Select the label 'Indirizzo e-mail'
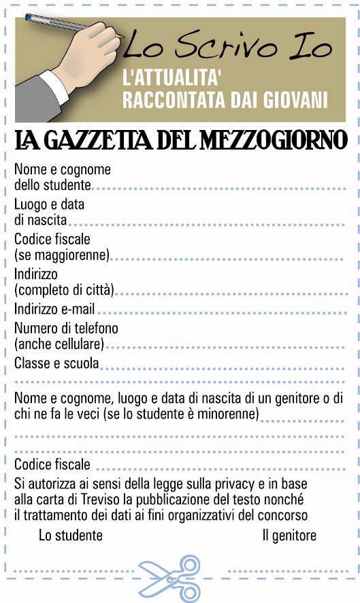(54, 309)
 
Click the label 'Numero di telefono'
(65, 329)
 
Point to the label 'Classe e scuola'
(56, 363)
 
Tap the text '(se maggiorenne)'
(61, 255)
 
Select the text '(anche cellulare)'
(59, 344)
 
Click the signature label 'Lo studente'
(71, 535)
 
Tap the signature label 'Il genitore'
(289, 535)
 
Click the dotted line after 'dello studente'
(218, 187)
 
